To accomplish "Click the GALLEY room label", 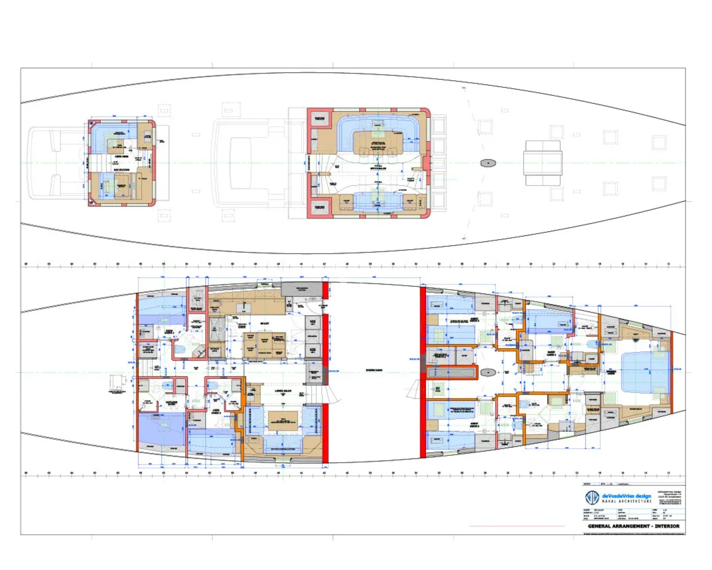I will (265, 323).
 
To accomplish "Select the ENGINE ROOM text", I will (374, 370).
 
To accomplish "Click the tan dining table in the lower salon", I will (283, 421).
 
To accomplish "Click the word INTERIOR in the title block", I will (667, 526).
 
